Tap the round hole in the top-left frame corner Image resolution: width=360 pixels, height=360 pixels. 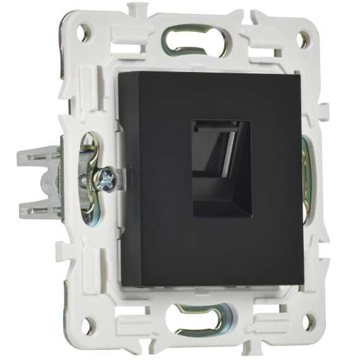point(83,29)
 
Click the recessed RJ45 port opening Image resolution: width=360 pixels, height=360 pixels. point(219,171)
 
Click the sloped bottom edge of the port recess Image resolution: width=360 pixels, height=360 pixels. point(218,205)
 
